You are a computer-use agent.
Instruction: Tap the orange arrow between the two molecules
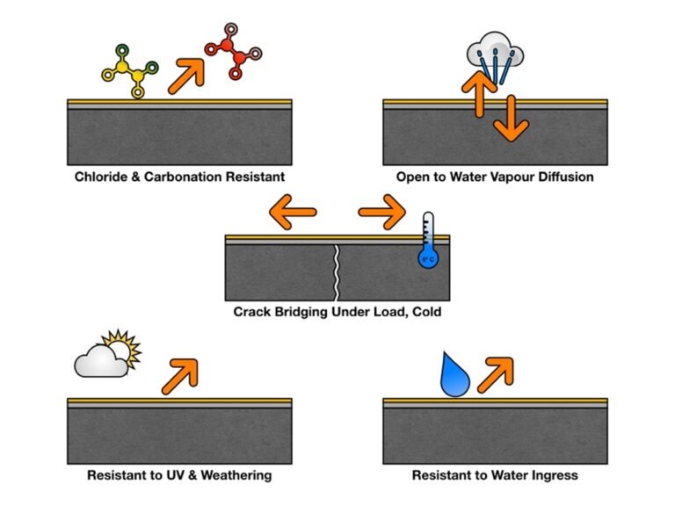click(x=185, y=71)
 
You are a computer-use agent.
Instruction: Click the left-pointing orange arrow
click(x=292, y=213)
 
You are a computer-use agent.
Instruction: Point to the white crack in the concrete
click(x=337, y=272)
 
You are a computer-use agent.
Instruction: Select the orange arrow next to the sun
click(x=181, y=375)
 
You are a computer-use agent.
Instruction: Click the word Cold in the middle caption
click(x=424, y=311)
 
